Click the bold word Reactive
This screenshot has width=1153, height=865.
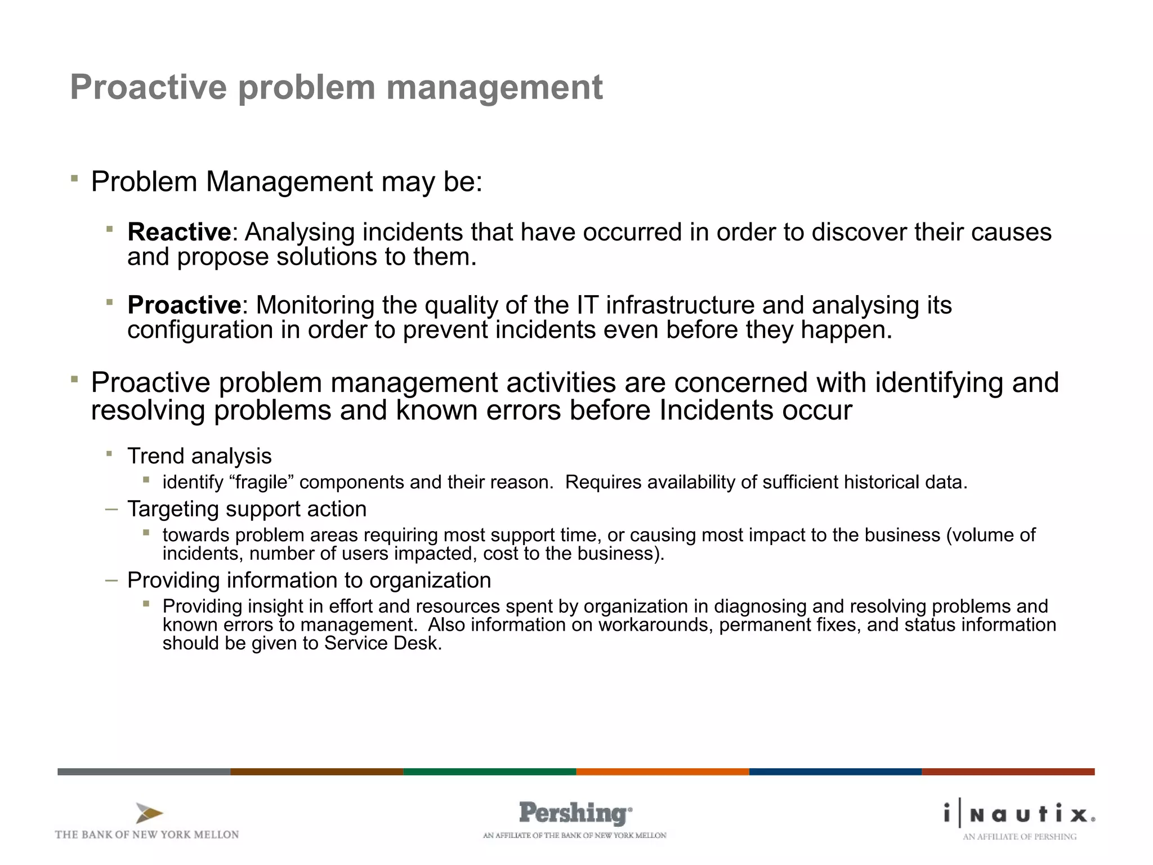179,232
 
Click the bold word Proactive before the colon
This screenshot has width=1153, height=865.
184,305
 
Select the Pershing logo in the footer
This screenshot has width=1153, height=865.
575,813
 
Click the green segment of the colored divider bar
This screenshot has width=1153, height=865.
489,772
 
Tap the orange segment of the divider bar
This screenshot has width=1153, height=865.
662,772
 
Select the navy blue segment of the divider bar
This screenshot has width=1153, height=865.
835,772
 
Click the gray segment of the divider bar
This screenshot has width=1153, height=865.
144,772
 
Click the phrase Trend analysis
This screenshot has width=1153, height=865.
199,456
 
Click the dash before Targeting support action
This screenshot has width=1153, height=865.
111,509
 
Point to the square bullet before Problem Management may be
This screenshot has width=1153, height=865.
74,179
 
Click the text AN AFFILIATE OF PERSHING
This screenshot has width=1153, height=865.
1019,837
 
